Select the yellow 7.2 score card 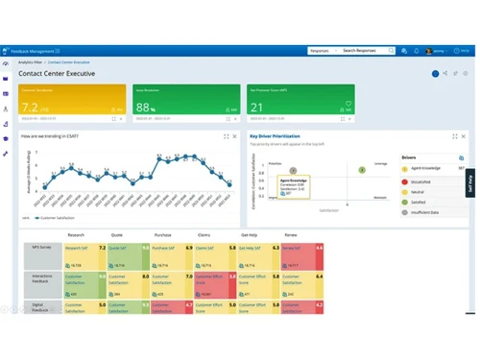(70, 104)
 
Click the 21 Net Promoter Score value (257, 108)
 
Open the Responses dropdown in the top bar (322, 50)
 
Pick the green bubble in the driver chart (362, 170)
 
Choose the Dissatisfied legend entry (421, 180)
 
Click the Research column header (77, 233)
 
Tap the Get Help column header (249, 233)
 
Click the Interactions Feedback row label (39, 279)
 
